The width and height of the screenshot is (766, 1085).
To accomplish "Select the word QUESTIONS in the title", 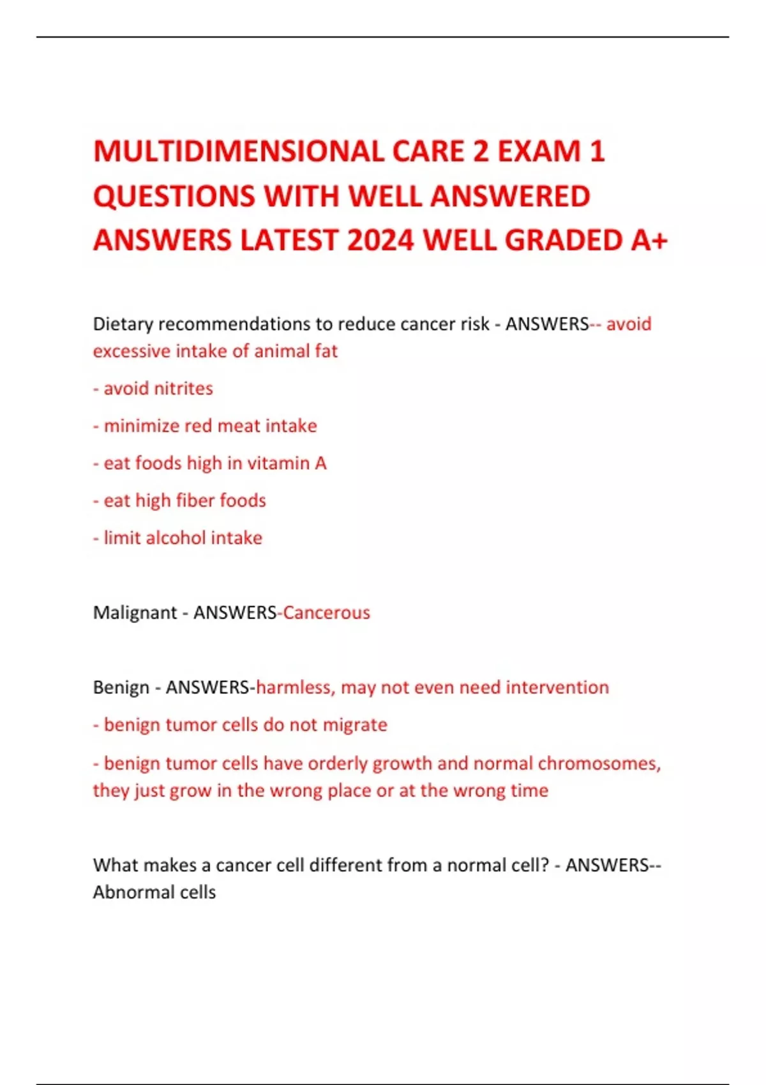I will point(174,196).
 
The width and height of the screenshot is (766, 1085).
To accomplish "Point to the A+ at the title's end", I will point(649,241).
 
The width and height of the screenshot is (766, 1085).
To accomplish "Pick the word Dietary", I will point(123,324).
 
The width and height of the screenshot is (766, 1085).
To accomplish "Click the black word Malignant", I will point(135,613).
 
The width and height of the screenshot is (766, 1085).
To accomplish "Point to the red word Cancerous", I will point(326,613).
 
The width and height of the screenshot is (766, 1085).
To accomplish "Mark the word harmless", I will point(294,687).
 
